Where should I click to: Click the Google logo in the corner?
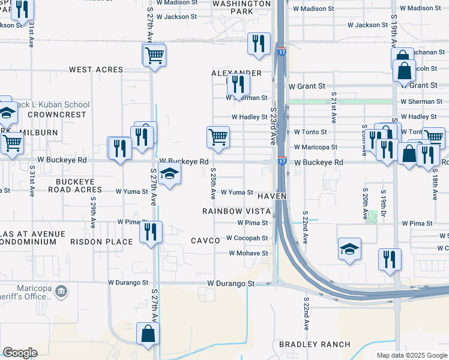coord(20,353)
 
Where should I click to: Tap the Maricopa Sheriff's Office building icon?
coord(61,292)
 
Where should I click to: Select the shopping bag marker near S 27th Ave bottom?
coord(148,334)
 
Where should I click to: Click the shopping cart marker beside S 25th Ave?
coord(218,137)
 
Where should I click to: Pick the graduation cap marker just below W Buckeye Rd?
coord(170,175)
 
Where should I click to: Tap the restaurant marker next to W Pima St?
coord(151,231)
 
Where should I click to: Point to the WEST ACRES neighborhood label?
coord(96,70)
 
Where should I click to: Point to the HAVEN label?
coord(272,197)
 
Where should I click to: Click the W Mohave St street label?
coord(248,253)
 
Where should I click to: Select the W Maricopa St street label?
coord(315,147)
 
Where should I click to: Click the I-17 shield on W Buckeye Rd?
coord(282,161)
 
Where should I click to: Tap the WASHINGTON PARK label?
coord(241,7)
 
